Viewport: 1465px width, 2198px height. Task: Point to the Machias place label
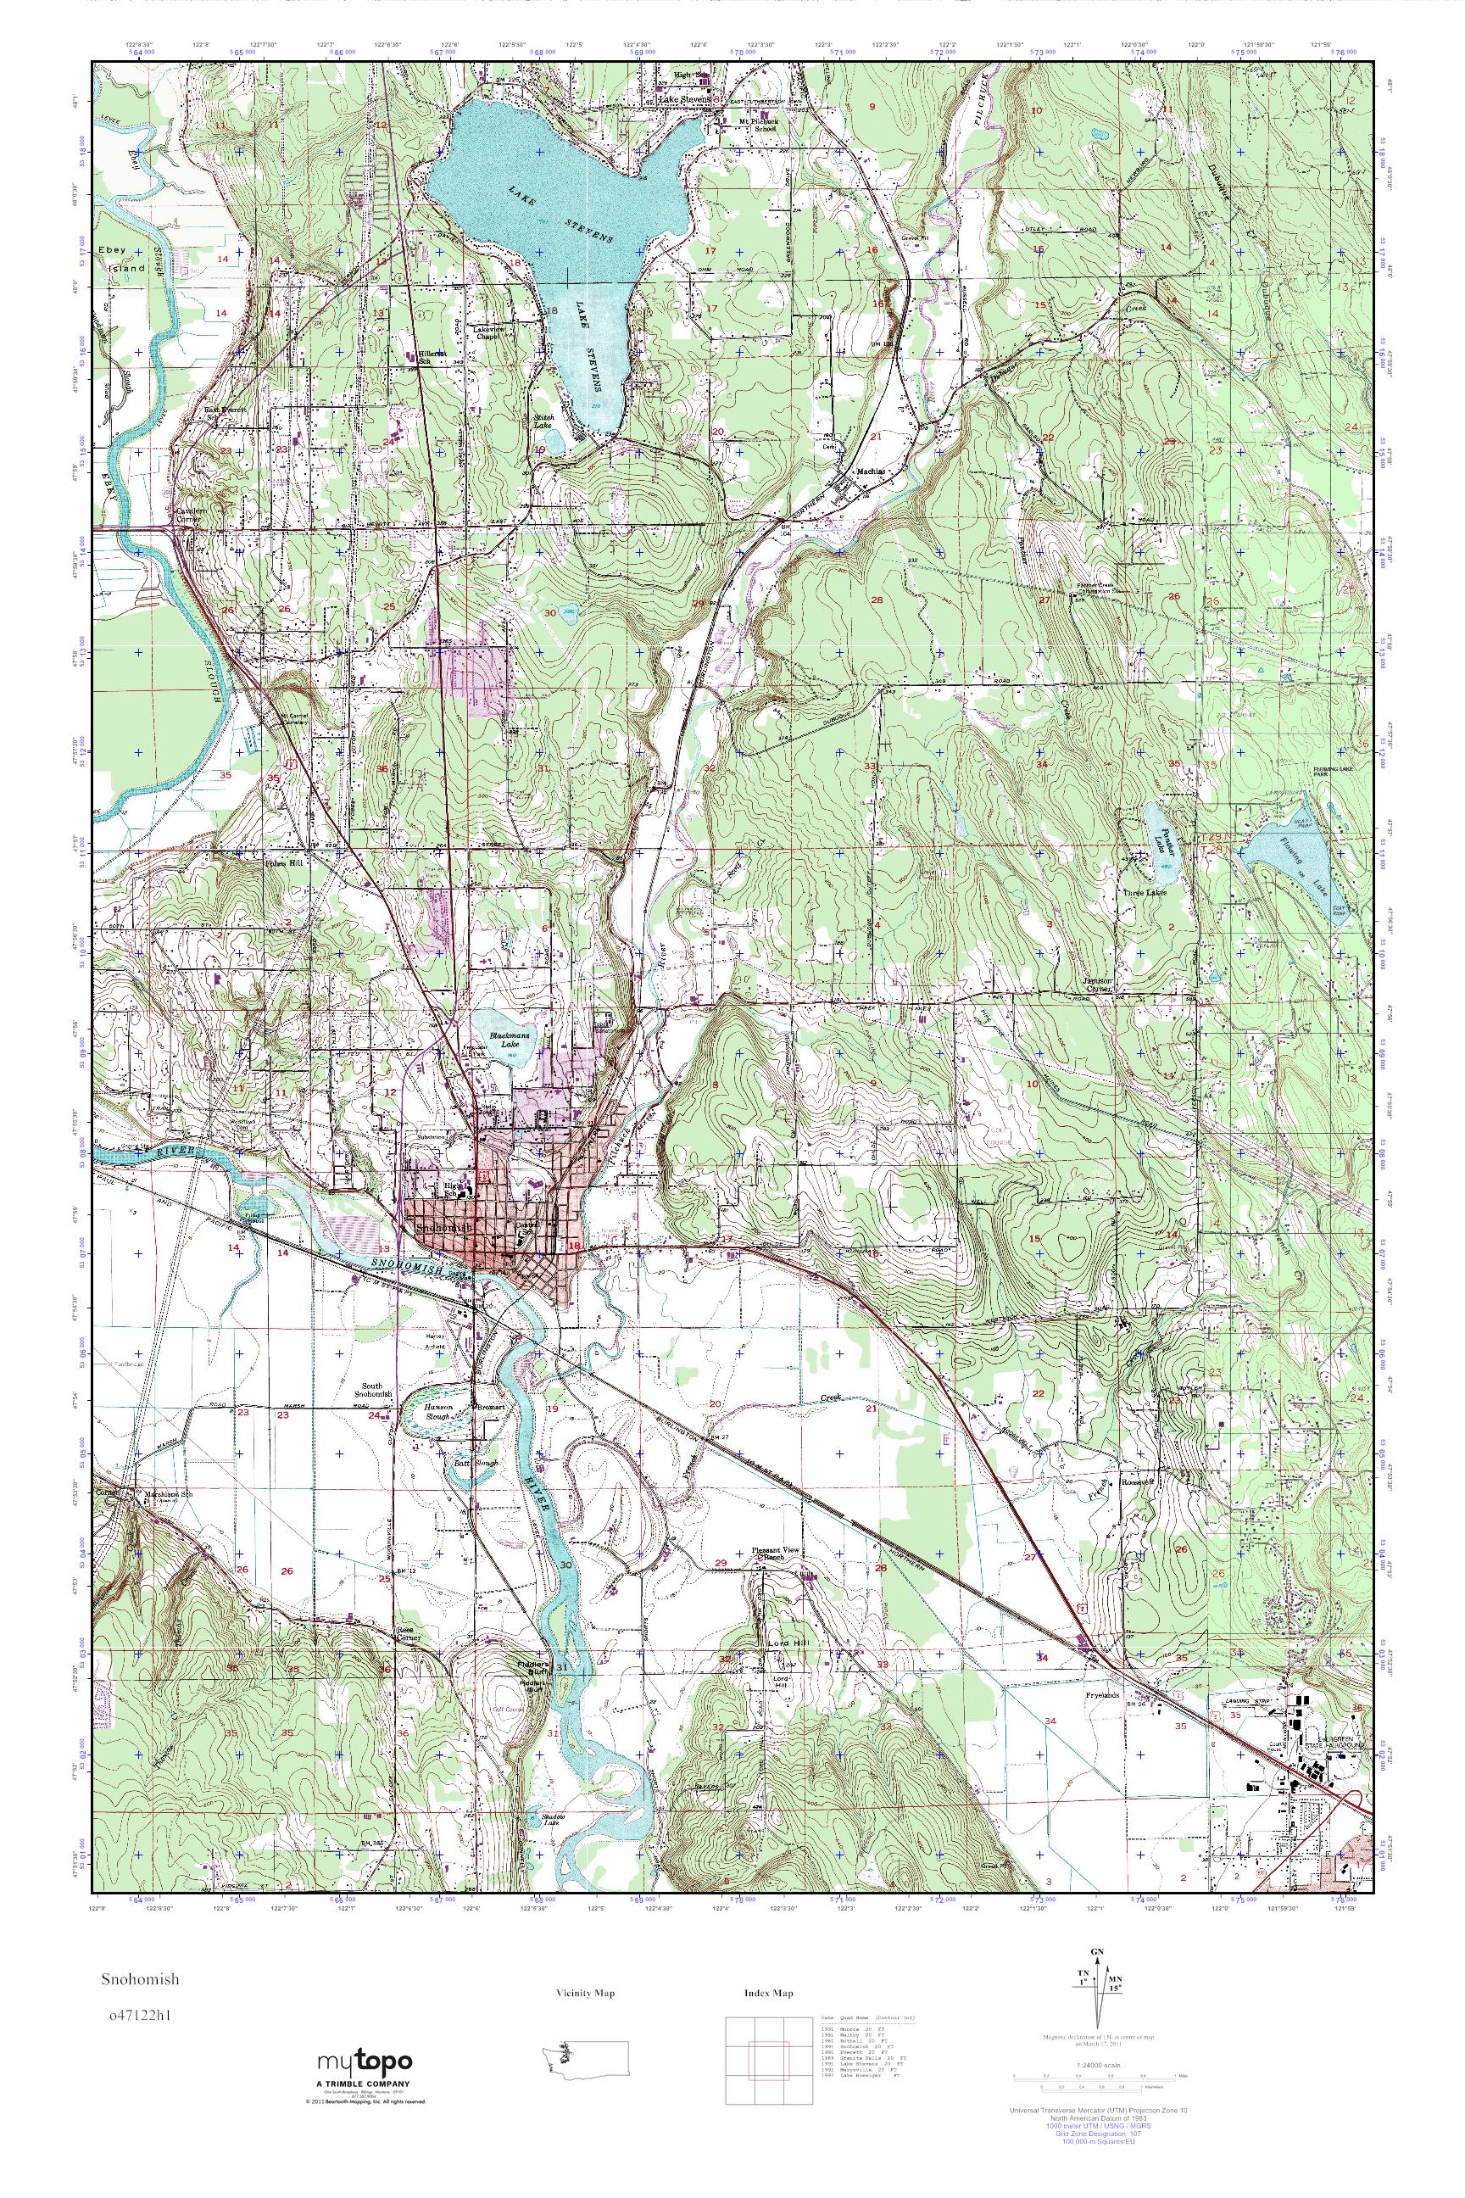pyautogui.click(x=870, y=472)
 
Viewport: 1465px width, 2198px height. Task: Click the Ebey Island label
pyautogui.click(x=121, y=259)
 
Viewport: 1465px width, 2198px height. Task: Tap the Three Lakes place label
pyautogui.click(x=1145, y=892)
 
